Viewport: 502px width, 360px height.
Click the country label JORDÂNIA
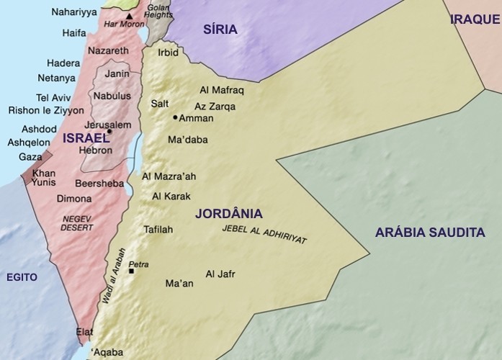228,214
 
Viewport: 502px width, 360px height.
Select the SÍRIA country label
220,29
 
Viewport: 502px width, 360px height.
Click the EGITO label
22,276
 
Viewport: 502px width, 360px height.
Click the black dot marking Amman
175,117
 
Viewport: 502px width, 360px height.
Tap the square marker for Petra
131,271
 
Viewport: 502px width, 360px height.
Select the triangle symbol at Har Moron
129,16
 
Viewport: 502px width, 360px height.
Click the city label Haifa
75,32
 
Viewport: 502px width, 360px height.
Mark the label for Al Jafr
220,274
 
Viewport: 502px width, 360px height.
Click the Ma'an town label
179,284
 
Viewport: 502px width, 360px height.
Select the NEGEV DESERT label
78,222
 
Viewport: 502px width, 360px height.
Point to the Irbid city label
169,53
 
